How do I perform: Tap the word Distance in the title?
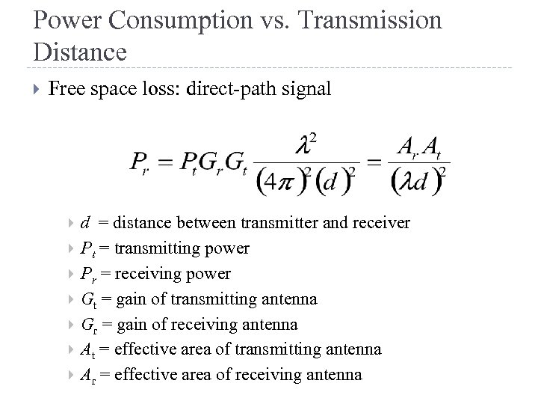pos(80,52)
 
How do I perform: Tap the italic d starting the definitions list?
pos(87,223)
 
